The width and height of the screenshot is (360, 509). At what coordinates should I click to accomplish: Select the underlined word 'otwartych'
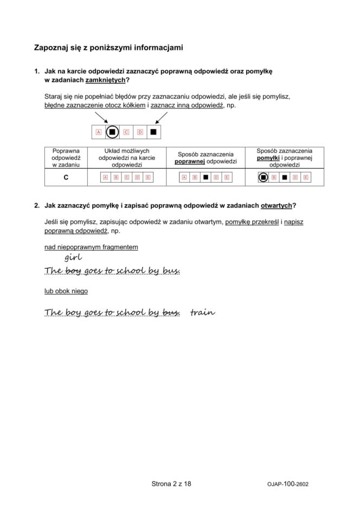pyautogui.click(x=277, y=205)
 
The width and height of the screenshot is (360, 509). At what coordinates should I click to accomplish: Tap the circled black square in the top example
pyautogui.click(x=112, y=132)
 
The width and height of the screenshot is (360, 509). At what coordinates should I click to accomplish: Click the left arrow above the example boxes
pyautogui.click(x=101, y=118)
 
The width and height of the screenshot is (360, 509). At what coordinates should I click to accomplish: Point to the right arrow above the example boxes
pyautogui.click(x=161, y=118)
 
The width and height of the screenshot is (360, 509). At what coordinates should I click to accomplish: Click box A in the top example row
pyautogui.click(x=99, y=132)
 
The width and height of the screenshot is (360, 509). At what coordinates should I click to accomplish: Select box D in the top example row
pyautogui.click(x=140, y=132)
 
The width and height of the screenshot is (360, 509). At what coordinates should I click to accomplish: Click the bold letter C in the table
pyautogui.click(x=66, y=177)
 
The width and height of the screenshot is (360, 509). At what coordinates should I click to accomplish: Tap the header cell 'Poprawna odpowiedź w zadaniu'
pyautogui.click(x=66, y=158)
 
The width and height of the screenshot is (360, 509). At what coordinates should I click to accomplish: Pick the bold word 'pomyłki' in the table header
pyautogui.click(x=268, y=158)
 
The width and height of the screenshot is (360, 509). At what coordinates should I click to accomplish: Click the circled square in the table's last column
pyautogui.click(x=263, y=177)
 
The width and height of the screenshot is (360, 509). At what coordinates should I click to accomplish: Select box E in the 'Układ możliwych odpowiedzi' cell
pyautogui.click(x=147, y=177)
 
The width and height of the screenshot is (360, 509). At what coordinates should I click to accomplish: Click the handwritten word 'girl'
pyautogui.click(x=73, y=257)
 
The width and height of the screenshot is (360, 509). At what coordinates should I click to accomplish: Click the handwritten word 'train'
pyautogui.click(x=202, y=312)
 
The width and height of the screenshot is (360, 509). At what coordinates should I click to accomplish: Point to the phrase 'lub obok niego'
pyautogui.click(x=66, y=291)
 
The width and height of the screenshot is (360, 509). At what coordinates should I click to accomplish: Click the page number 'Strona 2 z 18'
pyautogui.click(x=171, y=484)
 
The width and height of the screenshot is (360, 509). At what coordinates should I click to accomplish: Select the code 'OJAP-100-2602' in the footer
pyautogui.click(x=288, y=484)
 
